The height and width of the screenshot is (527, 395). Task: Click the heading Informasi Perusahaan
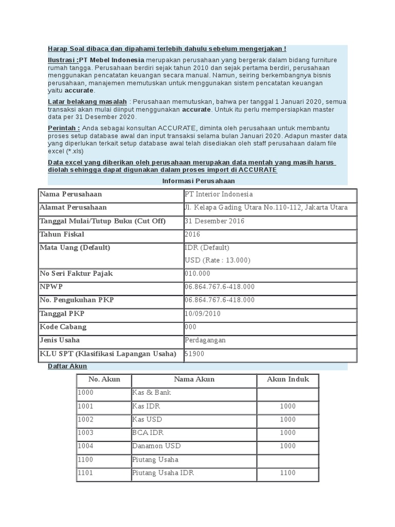point(199,181)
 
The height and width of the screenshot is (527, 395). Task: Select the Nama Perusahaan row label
point(71,195)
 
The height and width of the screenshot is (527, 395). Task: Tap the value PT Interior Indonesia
point(219,195)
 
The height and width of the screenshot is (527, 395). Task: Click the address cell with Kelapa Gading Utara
point(265,208)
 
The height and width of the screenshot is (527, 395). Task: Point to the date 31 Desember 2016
point(214,221)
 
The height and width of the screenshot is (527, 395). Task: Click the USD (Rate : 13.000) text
point(217,260)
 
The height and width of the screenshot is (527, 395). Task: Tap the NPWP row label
point(51,287)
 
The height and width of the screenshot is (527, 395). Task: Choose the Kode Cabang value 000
point(190,327)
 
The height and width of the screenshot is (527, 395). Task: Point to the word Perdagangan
point(205,340)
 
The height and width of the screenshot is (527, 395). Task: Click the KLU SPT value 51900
point(193,354)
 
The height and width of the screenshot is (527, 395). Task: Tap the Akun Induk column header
point(288,380)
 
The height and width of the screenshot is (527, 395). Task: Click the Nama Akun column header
point(194,380)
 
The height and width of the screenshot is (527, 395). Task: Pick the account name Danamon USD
point(156,446)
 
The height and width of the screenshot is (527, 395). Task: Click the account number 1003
point(85,433)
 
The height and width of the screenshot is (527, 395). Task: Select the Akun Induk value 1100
point(288,473)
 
